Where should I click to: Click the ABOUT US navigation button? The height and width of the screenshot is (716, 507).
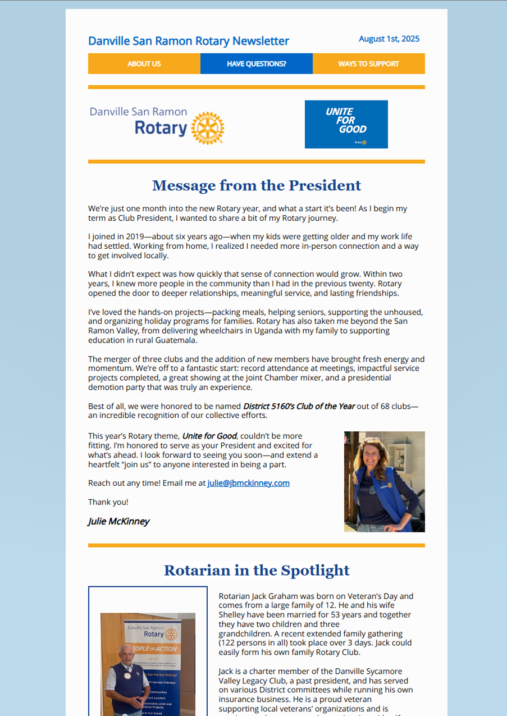click(x=144, y=63)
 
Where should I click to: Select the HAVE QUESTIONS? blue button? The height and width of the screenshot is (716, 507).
click(x=256, y=63)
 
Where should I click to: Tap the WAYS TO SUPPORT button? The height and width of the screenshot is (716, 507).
click(x=368, y=63)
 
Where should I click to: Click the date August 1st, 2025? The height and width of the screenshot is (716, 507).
click(x=389, y=39)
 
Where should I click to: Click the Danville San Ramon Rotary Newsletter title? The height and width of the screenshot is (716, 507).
click(x=189, y=41)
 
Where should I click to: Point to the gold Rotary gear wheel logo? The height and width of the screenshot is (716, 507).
click(x=208, y=128)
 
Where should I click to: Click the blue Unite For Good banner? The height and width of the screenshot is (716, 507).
click(x=346, y=124)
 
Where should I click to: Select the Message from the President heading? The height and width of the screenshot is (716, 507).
click(x=256, y=185)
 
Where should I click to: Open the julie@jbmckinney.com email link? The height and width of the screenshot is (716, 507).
click(x=248, y=483)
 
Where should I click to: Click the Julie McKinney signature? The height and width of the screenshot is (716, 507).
click(x=118, y=521)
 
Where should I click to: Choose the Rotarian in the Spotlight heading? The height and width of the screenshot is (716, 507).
click(x=256, y=571)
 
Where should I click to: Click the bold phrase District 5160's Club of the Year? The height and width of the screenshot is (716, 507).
click(x=299, y=406)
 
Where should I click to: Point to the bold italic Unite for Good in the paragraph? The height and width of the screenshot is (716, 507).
click(x=209, y=436)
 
